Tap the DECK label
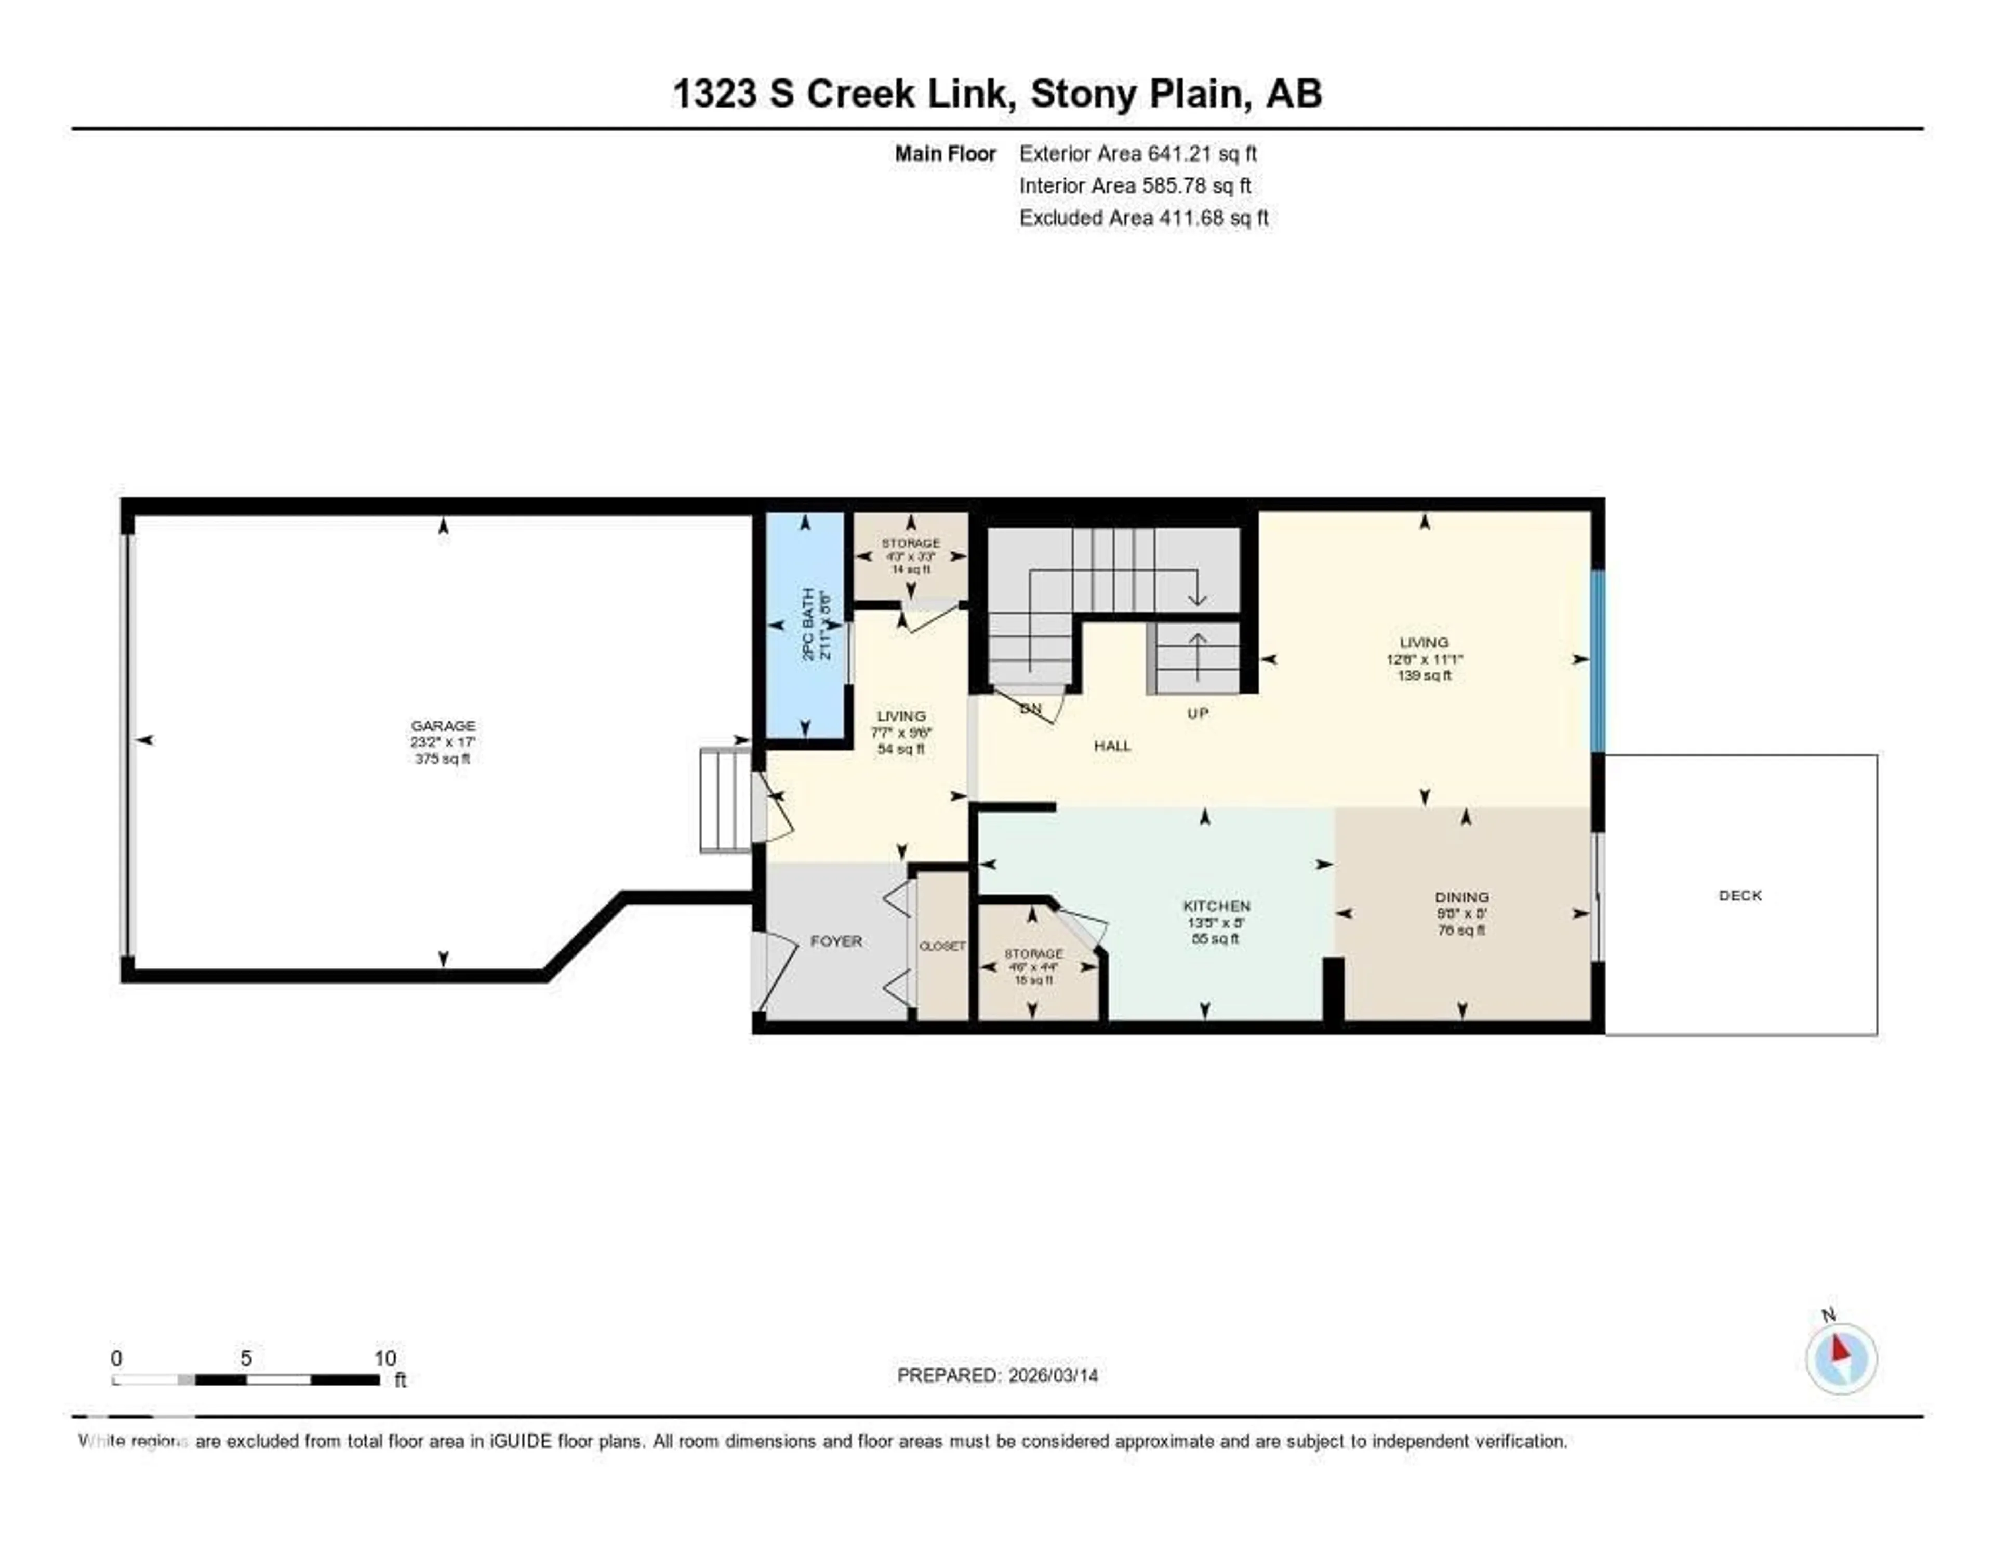point(1740,895)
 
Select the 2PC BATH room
point(806,626)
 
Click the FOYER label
point(836,941)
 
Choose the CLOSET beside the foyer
point(942,946)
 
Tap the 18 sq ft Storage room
point(1033,966)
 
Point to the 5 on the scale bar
point(246,1358)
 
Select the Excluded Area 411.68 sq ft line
point(1143,217)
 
